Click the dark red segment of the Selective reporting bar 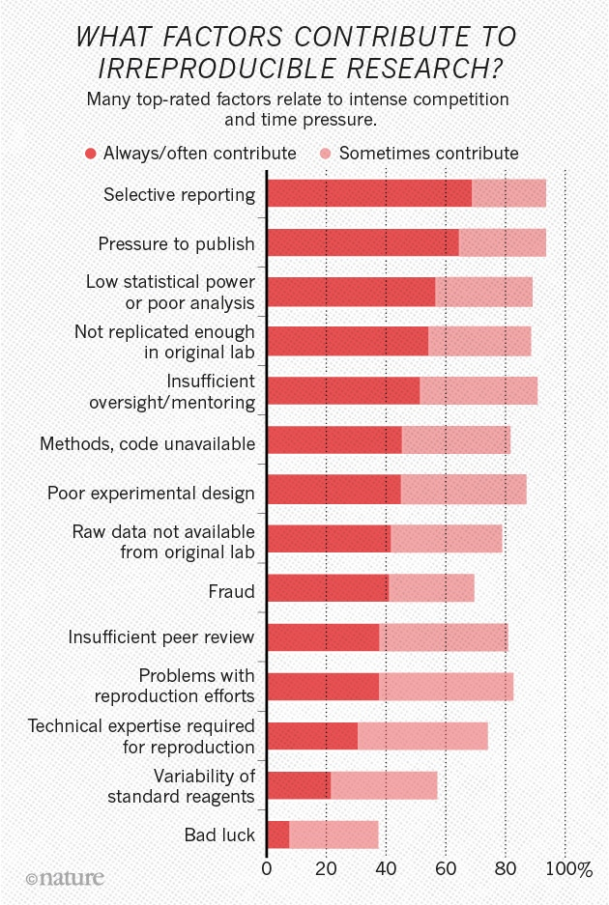(368, 193)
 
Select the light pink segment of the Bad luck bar (333, 834)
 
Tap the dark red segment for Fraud (327, 587)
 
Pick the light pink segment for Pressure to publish (502, 242)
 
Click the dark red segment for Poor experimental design (333, 489)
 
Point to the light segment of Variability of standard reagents (384, 785)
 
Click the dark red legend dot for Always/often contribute (91, 154)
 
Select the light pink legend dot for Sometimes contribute (326, 154)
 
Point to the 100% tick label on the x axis (569, 870)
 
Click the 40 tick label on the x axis (386, 870)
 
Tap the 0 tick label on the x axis (267, 870)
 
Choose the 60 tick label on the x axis (446, 870)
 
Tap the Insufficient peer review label (161, 637)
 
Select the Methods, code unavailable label (147, 444)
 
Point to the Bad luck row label (219, 834)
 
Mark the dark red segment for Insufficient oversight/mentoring (342, 390)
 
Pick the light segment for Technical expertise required (422, 736)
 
